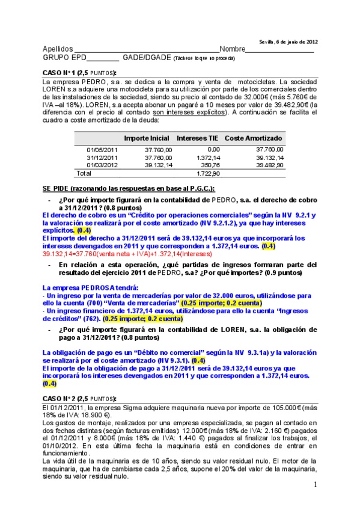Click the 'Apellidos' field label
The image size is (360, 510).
tap(58, 49)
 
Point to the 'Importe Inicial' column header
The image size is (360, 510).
tap(147, 138)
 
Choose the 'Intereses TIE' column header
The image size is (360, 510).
tap(198, 138)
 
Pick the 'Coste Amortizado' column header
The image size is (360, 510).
tap(254, 138)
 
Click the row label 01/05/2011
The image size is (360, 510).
tap(102, 149)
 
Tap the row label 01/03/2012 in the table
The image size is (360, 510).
tap(102, 165)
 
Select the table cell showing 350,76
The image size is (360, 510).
tap(210, 165)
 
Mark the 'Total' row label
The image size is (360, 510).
tap(84, 173)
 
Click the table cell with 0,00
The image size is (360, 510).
tap(213, 149)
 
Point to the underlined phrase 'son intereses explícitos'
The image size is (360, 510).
tap(189, 112)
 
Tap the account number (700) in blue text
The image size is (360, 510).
tap(141, 304)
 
